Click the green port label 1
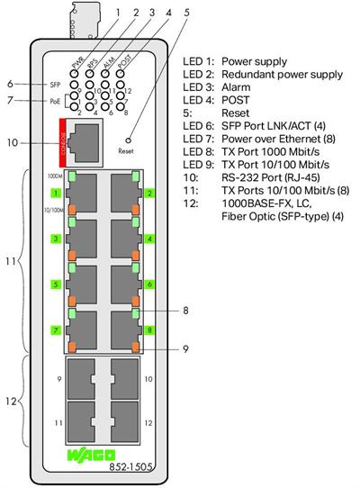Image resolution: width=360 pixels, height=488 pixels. [x=55, y=194]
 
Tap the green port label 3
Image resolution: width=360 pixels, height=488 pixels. [x=55, y=239]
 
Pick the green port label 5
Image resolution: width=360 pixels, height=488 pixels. [x=55, y=285]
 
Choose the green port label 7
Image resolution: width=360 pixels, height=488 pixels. [x=55, y=330]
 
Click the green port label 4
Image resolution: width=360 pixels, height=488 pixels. [x=148, y=239]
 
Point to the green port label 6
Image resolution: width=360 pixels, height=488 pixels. [x=148, y=285]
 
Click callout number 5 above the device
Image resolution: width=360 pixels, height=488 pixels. [x=186, y=13]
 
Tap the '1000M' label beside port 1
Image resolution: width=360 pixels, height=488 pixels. [x=54, y=176]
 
